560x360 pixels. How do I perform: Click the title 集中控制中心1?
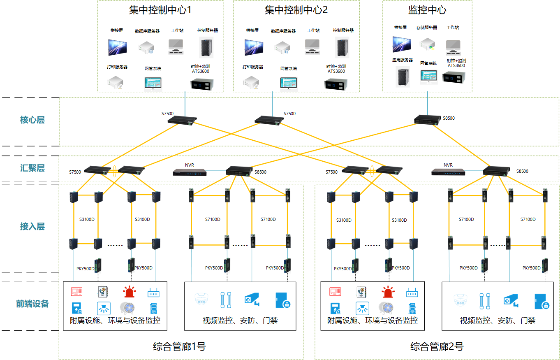click(x=160, y=10)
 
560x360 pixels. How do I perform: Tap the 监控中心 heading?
click(x=427, y=10)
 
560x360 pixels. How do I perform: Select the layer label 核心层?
click(x=32, y=120)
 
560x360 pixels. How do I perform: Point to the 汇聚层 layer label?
click(x=32, y=168)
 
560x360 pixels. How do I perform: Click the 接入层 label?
click(x=32, y=226)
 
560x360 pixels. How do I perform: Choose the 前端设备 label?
click(x=32, y=304)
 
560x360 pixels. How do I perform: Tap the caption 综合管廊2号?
click(x=437, y=346)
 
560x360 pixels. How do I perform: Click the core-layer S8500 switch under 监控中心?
click(x=427, y=118)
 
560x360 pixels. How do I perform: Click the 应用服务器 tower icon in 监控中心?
click(x=402, y=77)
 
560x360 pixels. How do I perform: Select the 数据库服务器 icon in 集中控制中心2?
click(x=283, y=46)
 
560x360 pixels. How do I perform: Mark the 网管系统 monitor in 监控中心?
click(x=428, y=77)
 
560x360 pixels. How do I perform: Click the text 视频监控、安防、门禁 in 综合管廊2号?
click(x=498, y=321)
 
